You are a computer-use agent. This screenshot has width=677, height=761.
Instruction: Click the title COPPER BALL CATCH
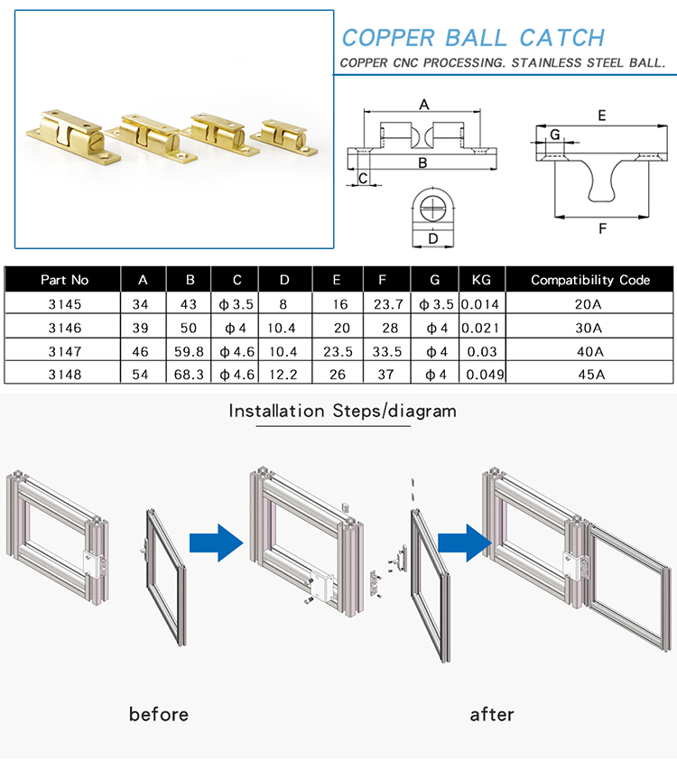click(x=472, y=38)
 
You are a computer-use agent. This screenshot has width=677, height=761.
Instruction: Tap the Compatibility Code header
click(x=589, y=280)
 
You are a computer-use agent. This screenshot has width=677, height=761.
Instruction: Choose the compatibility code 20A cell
click(x=589, y=303)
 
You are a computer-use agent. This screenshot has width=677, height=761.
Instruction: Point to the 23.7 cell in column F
click(x=387, y=303)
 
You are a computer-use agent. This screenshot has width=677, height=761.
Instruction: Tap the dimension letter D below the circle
click(x=433, y=239)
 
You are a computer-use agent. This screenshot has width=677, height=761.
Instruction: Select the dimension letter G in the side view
click(x=555, y=135)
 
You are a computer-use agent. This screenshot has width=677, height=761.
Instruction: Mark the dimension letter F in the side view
click(x=602, y=228)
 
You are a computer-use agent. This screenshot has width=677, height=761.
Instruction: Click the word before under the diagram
click(x=159, y=714)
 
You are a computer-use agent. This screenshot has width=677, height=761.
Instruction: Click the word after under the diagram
click(x=492, y=714)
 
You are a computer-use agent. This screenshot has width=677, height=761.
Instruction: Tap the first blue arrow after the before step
click(x=216, y=543)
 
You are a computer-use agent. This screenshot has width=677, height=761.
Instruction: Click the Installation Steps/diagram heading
click(x=342, y=412)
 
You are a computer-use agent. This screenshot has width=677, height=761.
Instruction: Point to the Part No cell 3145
click(x=65, y=303)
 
